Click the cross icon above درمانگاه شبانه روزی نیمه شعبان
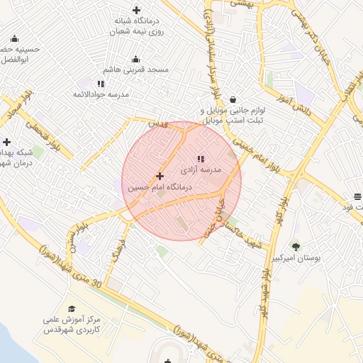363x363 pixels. (136, 10)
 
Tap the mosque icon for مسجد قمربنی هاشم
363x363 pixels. (136, 59)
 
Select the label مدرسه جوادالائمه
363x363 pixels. (101, 94)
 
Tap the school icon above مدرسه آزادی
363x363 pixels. (199, 159)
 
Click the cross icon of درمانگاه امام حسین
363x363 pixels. (160, 176)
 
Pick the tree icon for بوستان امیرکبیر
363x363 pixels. (296, 247)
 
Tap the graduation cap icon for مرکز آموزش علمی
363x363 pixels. (71, 309)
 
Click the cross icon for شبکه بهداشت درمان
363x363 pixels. (6, 142)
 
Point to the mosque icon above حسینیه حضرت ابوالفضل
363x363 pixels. (15, 39)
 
